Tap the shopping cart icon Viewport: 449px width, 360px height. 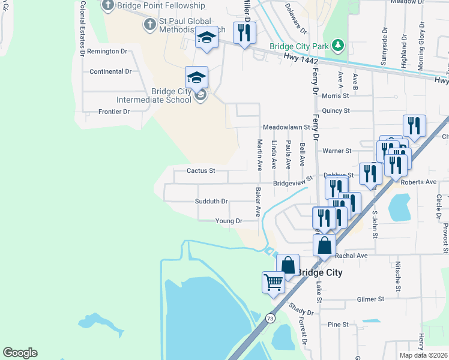pyautogui.click(x=274, y=281)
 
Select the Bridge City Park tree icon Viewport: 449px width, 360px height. pyautogui.click(x=339, y=46)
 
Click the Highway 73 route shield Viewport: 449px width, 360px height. pyautogui.click(x=271, y=319)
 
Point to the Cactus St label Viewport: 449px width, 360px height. pyautogui.click(x=200, y=171)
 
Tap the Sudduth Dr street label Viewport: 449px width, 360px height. pyautogui.click(x=211, y=202)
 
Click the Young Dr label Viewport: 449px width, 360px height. pyautogui.click(x=229, y=221)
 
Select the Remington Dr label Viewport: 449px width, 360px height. pyautogui.click(x=107, y=52)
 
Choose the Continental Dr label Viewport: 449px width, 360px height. pyautogui.click(x=110, y=71)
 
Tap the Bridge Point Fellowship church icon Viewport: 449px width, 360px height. pyautogui.click(x=108, y=6)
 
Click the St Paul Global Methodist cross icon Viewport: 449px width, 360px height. pyautogui.click(x=149, y=24)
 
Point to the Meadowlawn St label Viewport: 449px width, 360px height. pyautogui.click(x=286, y=127)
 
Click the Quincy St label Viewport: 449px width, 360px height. pyautogui.click(x=336, y=111)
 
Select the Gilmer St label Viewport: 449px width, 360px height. pyautogui.click(x=370, y=299)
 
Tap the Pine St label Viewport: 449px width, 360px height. pyautogui.click(x=338, y=325)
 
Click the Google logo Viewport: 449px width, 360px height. pyautogui.click(x=20, y=353)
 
